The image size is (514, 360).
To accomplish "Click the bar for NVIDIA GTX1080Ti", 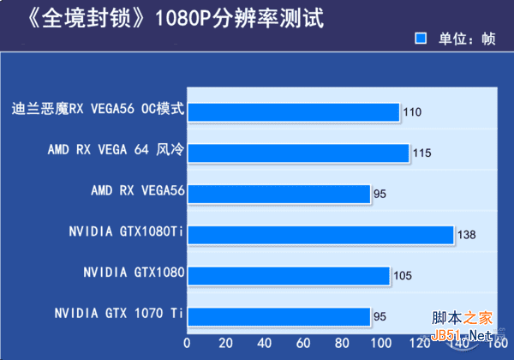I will click(320, 235).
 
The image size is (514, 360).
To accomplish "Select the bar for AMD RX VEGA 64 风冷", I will click(298, 153).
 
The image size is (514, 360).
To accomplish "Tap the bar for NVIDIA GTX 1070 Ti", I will click(279, 317).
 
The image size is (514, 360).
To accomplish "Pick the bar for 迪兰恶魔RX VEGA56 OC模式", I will click(293, 111).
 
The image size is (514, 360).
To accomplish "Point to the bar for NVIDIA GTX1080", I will click(289, 276).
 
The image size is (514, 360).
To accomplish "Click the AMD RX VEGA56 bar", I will click(279, 194).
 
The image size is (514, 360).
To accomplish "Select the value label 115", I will click(421, 153).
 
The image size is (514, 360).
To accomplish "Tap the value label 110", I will click(412, 112).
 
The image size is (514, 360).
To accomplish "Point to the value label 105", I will click(403, 276).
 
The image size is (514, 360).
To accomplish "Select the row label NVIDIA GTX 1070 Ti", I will click(118, 313).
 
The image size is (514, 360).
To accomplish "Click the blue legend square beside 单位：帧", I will click(421, 39).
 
